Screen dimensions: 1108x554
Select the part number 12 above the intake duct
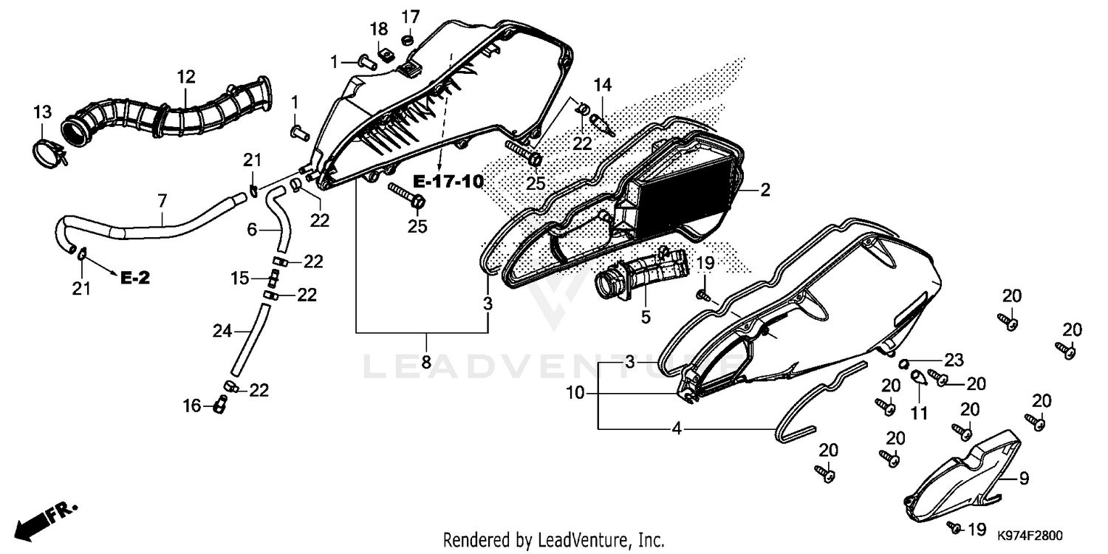pos(186,77)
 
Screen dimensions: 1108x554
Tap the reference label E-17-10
pos(448,182)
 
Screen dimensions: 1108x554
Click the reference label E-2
pos(135,278)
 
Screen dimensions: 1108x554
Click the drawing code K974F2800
pos(1030,536)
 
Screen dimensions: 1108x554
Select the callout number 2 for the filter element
pos(765,190)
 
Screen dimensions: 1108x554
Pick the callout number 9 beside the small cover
pos(1024,479)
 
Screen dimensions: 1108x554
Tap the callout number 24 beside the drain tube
pos(222,330)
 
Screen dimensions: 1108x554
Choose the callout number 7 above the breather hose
pos(163,201)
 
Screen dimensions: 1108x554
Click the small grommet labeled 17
pos(408,39)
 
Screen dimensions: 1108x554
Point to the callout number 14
pos(603,85)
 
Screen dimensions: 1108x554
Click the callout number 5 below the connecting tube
pos(646,317)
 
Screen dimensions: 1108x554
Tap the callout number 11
pos(919,412)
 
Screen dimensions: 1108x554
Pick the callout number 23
pos(954,360)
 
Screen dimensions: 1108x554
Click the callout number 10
pos(575,393)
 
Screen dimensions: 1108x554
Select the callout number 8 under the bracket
pos(426,362)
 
